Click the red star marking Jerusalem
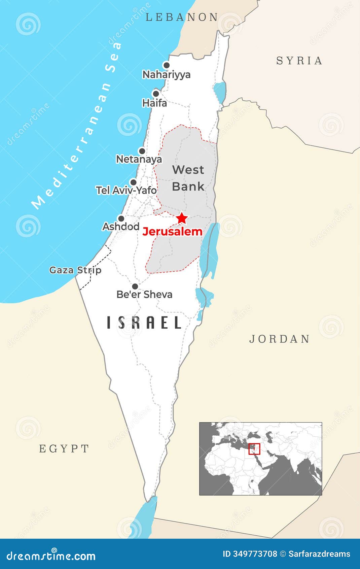[182, 218]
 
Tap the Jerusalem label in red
[172, 232]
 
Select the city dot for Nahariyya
[166, 65]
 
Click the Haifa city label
[154, 103]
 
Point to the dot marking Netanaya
[142, 151]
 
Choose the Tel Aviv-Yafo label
[126, 190]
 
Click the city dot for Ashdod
[121, 218]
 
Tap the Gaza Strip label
[75, 270]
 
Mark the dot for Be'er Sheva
[135, 286]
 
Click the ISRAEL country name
[144, 323]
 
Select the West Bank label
[188, 178]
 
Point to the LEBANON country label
[182, 17]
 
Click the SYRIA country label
[299, 61]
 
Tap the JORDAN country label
[279, 339]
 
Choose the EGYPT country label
[64, 448]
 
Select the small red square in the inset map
[254, 449]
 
